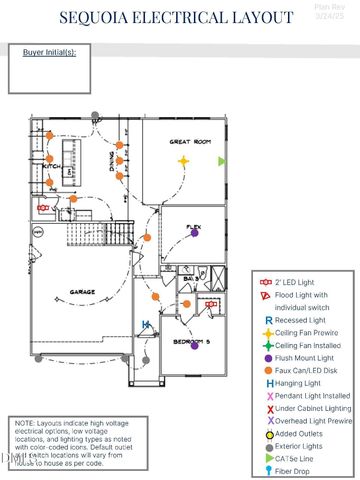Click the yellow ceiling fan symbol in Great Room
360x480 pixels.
183,160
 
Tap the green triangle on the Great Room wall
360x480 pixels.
223,160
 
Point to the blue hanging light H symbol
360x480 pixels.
146,323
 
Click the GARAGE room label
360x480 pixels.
82,292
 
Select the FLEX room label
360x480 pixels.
194,227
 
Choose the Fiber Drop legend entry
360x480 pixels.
295,469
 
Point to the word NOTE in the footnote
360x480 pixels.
25,424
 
